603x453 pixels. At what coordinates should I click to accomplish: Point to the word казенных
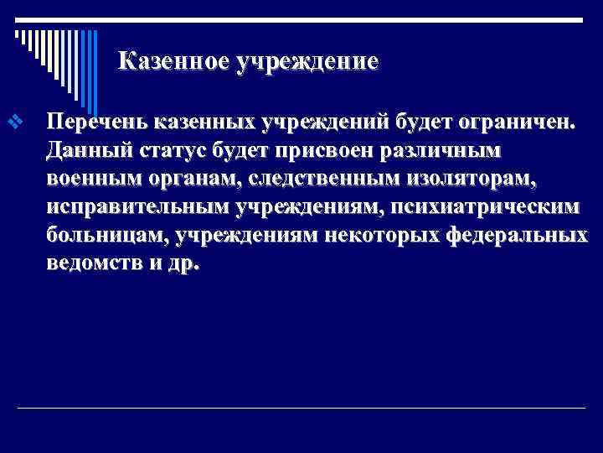pos(202,122)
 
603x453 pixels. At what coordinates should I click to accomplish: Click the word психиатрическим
pos(485,209)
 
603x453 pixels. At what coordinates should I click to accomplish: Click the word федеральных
pos(518,237)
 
